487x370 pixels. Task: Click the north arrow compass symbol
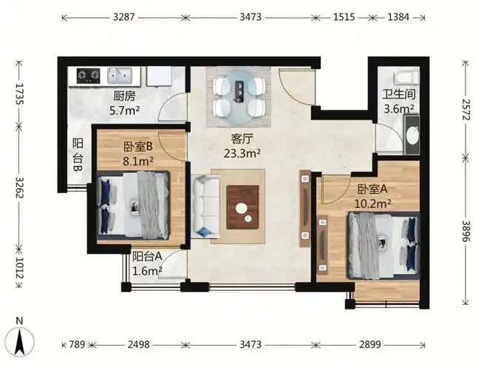pyautogui.click(x=21, y=341)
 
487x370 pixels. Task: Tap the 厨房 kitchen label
pyautogui.click(x=124, y=96)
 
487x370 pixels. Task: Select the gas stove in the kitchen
pyautogui.click(x=89, y=75)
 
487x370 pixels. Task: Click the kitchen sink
pyautogui.click(x=120, y=75)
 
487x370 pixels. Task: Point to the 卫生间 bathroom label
pyautogui.click(x=399, y=94)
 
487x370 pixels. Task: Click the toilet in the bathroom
pyautogui.click(x=406, y=78)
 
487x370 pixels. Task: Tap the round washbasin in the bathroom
pyautogui.click(x=413, y=135)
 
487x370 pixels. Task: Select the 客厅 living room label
pyautogui.click(x=242, y=138)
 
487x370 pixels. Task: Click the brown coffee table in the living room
pyautogui.click(x=243, y=207)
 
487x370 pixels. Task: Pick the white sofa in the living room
pyautogui.click(x=206, y=206)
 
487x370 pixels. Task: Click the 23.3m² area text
pyautogui.click(x=242, y=153)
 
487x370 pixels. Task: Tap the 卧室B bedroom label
pyautogui.click(x=138, y=147)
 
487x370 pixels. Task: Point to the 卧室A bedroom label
pyautogui.click(x=372, y=189)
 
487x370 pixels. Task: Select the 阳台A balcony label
pyautogui.click(x=147, y=257)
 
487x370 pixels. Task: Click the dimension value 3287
pyautogui.click(x=124, y=17)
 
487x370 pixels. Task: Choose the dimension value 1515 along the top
pyautogui.click(x=344, y=17)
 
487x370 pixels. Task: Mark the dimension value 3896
pyautogui.click(x=466, y=231)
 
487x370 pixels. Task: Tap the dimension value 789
pyautogui.click(x=77, y=345)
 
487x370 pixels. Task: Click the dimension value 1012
pyautogui.click(x=19, y=269)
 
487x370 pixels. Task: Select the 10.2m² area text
pyautogui.click(x=372, y=203)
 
